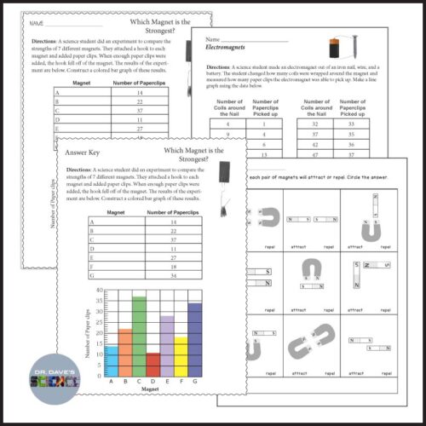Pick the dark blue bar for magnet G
coord(195,340)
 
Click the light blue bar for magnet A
coord(110,361)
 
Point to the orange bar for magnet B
coord(124,353)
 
